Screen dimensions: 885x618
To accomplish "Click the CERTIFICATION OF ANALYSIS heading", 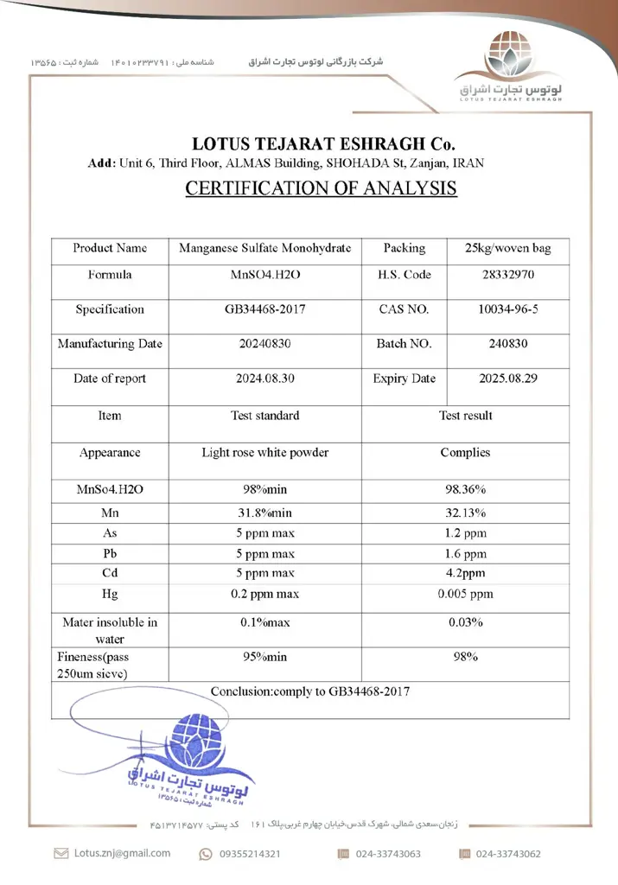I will pos(321,188).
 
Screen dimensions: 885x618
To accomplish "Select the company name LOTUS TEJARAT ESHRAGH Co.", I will pos(322,144).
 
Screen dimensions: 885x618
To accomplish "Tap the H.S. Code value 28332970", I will pos(507,275).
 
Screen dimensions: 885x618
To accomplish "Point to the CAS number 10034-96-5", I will pos(507,309).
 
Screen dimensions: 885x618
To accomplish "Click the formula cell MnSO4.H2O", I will pos(264,275).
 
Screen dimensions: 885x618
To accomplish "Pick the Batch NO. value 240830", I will pos(507,343).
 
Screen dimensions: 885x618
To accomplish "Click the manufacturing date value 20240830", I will pos(264,343).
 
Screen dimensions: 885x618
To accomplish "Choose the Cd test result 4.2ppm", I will pos(465,573).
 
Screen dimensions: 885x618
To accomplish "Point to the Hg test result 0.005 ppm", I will pos(465,594).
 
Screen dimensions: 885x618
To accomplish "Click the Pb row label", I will pos(110,553).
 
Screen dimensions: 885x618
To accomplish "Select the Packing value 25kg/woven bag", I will pos(507,248).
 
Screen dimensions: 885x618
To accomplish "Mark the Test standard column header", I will pos(264,416).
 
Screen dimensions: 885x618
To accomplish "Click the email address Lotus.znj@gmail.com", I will pos(122,853).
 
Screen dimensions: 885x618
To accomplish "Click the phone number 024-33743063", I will pos(388,854).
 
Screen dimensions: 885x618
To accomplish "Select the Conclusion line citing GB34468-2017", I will pos(309,691).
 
